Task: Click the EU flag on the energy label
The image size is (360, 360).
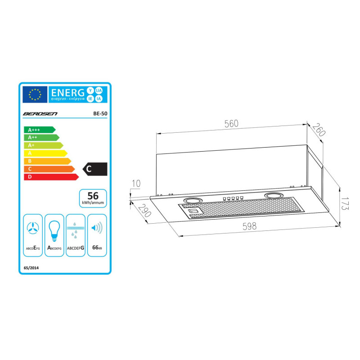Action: tap(35, 94)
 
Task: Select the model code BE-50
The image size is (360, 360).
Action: tap(100, 114)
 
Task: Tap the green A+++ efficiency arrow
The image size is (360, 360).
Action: tap(39, 130)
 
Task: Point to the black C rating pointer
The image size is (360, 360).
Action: tap(95, 169)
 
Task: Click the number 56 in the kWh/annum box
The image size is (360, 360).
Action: tap(93, 196)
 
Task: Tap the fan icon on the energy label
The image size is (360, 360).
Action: tap(33, 229)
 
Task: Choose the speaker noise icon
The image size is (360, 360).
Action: tap(96, 228)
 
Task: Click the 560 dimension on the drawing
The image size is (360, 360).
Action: tap(231, 124)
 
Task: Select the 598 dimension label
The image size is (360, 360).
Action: tap(249, 226)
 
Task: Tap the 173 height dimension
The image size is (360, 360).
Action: tap(345, 205)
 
